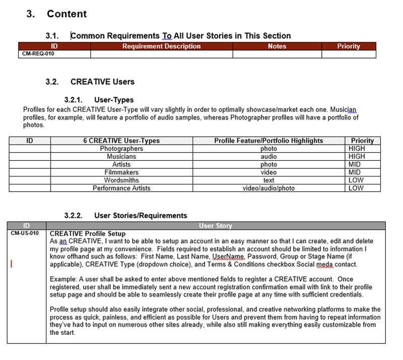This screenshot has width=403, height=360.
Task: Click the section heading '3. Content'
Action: [56, 14]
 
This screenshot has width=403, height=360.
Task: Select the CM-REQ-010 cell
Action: [38, 53]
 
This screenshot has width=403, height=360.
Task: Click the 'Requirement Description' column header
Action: [161, 46]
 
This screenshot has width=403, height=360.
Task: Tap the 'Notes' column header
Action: [277, 46]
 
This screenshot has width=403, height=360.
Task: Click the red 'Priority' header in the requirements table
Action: [349, 46]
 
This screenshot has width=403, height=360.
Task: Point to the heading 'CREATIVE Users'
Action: [102, 82]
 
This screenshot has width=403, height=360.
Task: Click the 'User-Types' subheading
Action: [113, 100]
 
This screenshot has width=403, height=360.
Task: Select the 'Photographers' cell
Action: [121, 149]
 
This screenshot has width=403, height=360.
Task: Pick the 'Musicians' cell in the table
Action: [121, 157]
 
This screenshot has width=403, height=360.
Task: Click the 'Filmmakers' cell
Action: [121, 172]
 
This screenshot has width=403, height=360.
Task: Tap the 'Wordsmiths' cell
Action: [121, 180]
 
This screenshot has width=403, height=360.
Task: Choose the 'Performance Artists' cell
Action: [121, 188]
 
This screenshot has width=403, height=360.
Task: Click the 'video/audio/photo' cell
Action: [268, 188]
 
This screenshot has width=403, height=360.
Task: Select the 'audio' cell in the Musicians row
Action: [268, 157]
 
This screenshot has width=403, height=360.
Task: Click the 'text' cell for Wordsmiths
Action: [268, 180]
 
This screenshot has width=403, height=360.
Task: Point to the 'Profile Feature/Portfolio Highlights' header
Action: [268, 141]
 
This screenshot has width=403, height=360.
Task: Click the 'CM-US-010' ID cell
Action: [25, 233]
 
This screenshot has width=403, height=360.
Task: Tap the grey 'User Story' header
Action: [216, 226]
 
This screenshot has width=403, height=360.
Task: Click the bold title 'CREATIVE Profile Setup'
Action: [88, 234]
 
